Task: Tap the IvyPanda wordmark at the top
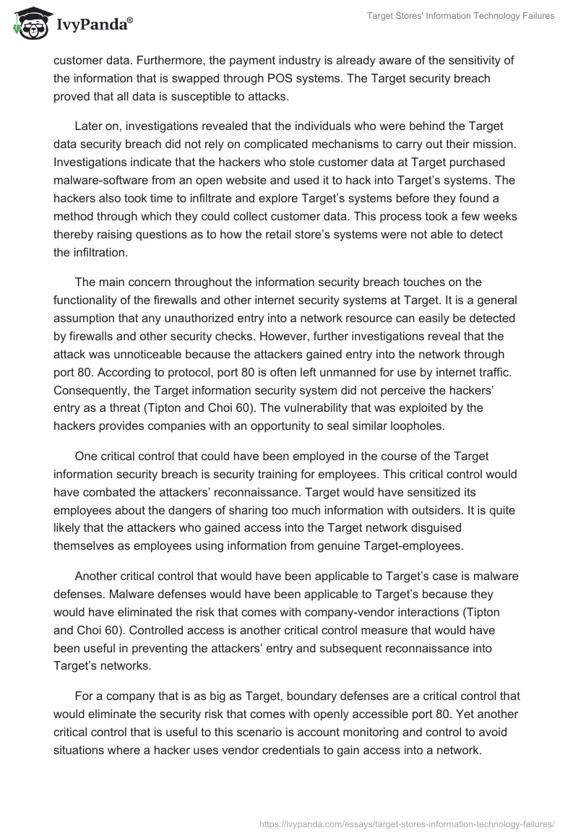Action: click(x=92, y=24)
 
